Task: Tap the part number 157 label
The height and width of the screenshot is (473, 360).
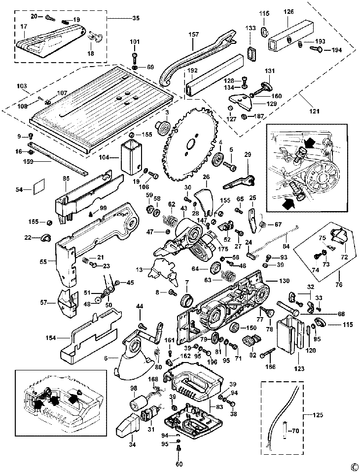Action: click(193, 35)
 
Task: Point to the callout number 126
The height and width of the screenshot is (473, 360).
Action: click(288, 12)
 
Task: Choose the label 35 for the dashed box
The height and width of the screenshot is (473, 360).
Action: click(136, 18)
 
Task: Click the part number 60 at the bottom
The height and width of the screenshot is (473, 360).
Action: click(179, 464)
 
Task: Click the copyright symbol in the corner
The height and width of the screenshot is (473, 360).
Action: click(354, 466)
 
